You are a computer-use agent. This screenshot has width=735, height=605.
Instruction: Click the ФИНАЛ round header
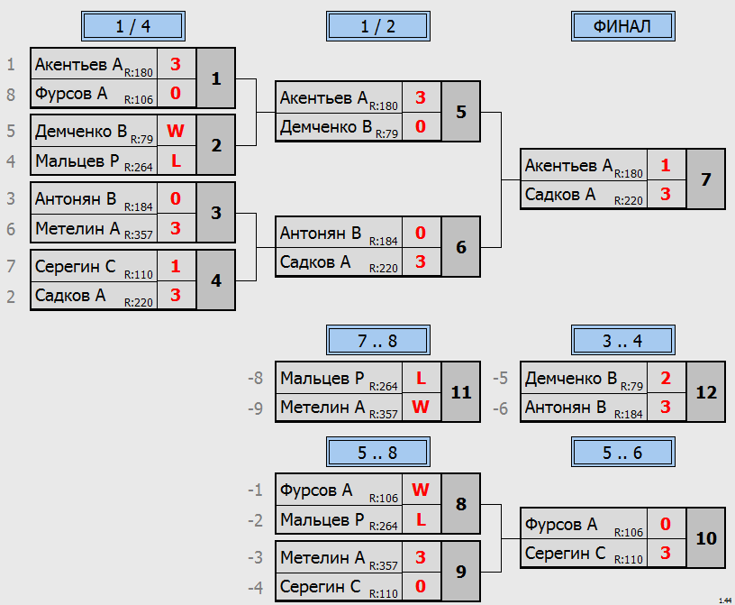[623, 26]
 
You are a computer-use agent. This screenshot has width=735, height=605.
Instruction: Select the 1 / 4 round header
[133, 26]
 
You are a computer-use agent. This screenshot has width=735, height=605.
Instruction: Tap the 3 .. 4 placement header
[623, 340]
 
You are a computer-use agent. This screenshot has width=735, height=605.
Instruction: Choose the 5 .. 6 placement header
[623, 452]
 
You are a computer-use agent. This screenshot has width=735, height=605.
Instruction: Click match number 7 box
[705, 179]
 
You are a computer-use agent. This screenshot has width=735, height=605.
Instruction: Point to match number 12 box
[705, 392]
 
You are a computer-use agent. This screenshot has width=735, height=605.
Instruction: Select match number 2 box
[215, 145]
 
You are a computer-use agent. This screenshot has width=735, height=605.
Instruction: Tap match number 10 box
[705, 538]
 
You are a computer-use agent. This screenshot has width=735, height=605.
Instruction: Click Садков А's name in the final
[560, 195]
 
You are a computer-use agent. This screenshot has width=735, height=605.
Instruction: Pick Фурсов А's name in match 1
[71, 94]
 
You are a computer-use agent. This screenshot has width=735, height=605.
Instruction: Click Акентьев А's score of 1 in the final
[666, 165]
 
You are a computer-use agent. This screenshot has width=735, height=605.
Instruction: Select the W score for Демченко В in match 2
[176, 131]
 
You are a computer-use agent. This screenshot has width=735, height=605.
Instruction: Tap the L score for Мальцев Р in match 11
[421, 378]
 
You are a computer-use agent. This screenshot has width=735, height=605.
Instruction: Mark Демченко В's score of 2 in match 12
[666, 378]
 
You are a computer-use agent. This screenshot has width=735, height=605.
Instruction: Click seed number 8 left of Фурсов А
[11, 95]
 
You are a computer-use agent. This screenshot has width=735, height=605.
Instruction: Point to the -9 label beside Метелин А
[256, 408]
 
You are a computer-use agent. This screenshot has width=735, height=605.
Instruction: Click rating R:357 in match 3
[139, 234]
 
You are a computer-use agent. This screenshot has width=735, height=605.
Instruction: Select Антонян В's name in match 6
[321, 234]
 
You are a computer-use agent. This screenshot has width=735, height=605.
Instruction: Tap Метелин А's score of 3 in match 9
[421, 557]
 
